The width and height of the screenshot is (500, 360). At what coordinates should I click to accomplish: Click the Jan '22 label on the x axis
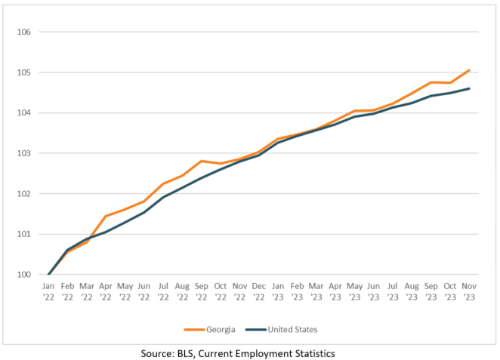48,293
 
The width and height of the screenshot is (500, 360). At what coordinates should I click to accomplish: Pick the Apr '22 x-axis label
106,293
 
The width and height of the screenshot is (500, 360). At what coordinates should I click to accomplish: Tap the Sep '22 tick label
202,293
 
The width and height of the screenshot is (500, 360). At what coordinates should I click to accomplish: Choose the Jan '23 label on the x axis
279,293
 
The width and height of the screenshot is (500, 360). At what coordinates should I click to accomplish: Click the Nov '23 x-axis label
470,293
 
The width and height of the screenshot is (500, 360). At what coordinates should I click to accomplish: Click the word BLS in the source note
190,353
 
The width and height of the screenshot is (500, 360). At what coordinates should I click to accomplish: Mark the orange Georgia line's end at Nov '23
470,70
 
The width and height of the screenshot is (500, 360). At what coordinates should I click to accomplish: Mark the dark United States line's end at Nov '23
470,88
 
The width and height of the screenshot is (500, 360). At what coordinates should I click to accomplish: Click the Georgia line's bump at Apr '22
106,216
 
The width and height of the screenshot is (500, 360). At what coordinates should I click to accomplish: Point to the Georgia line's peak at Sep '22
202,161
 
